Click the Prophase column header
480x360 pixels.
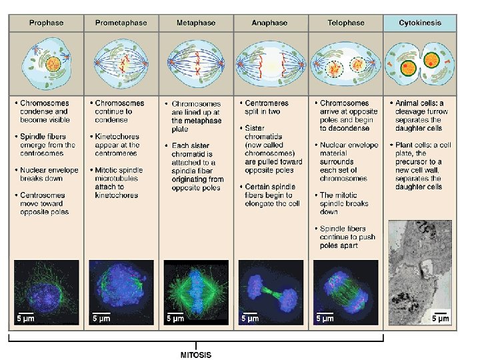(46, 23)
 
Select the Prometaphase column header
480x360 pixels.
(121, 23)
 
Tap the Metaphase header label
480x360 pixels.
(196, 23)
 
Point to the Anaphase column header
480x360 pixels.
(270, 23)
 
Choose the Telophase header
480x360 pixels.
(345, 23)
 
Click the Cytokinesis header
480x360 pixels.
(420, 23)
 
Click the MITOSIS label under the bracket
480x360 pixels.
(196, 355)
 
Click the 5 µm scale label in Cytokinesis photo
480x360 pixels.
(441, 319)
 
